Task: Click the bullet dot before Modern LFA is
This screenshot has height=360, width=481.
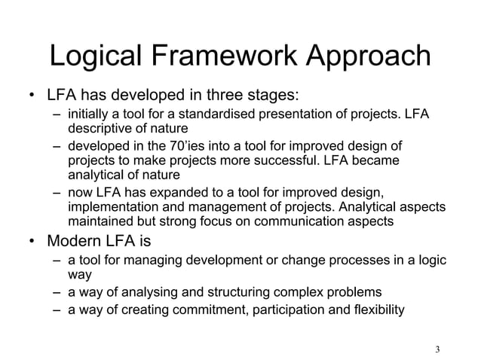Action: [x=30, y=243]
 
